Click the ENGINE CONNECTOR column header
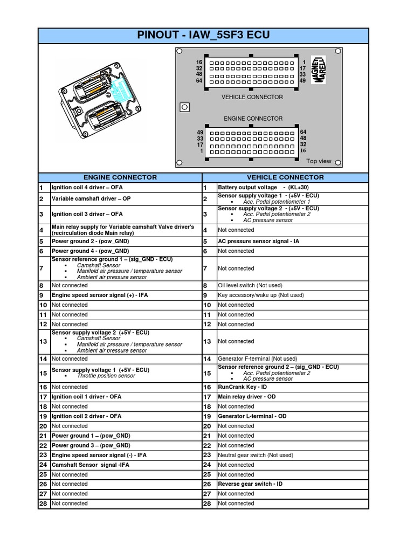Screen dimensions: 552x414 (120, 177)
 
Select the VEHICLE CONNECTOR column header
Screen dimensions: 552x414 (285, 177)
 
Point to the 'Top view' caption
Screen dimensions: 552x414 (319, 161)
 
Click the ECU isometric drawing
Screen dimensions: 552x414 (102, 102)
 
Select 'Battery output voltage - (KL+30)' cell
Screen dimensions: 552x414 (262, 188)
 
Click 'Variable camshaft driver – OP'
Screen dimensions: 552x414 (91, 199)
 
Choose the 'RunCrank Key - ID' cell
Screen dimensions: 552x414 (242, 387)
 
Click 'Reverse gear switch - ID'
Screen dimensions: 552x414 (250, 484)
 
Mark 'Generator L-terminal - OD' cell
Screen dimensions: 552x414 (252, 416)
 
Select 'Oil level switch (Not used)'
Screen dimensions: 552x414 (250, 286)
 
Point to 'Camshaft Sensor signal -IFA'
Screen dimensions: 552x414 (91, 465)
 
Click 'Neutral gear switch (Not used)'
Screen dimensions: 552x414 (256, 455)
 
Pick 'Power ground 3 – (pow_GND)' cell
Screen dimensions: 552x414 (91, 445)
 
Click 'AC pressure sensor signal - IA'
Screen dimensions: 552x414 (258, 241)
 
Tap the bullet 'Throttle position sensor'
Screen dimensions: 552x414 (106, 376)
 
